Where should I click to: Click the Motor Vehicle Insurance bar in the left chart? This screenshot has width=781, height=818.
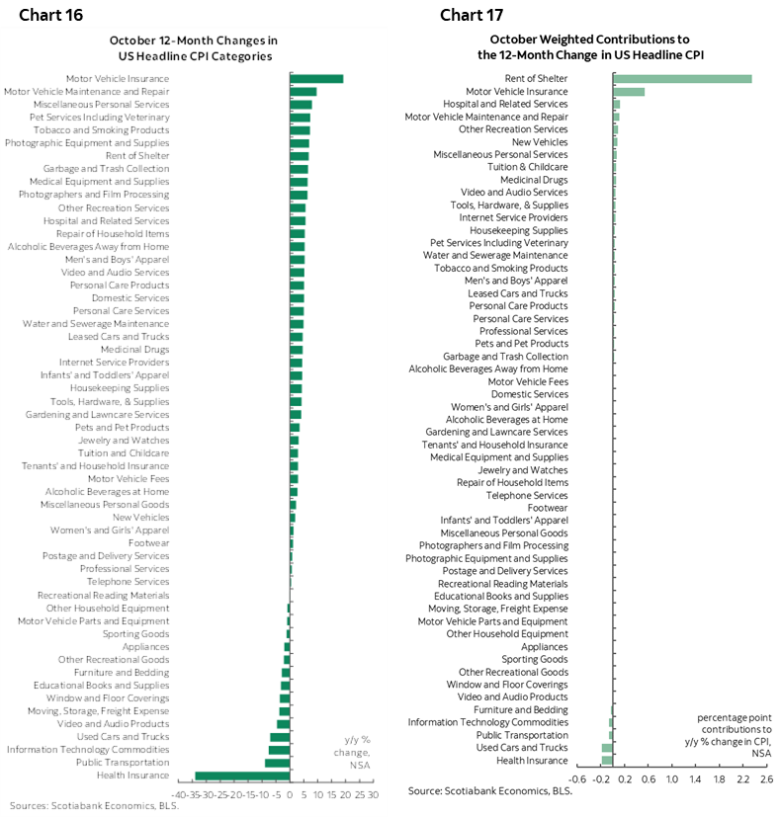pos(316,79)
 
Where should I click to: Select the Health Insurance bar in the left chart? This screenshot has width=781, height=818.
pos(242,776)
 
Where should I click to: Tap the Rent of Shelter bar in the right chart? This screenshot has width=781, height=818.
pos(682,79)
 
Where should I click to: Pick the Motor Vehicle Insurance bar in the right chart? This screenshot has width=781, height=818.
pos(629,92)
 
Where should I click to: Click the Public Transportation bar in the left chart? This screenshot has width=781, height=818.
pos(277,763)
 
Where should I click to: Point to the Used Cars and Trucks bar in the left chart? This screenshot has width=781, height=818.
pos(280,737)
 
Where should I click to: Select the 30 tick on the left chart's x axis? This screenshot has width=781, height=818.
pos(373,793)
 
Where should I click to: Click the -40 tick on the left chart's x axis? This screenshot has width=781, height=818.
pos(179,793)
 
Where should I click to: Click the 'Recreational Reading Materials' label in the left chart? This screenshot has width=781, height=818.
pos(103,596)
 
